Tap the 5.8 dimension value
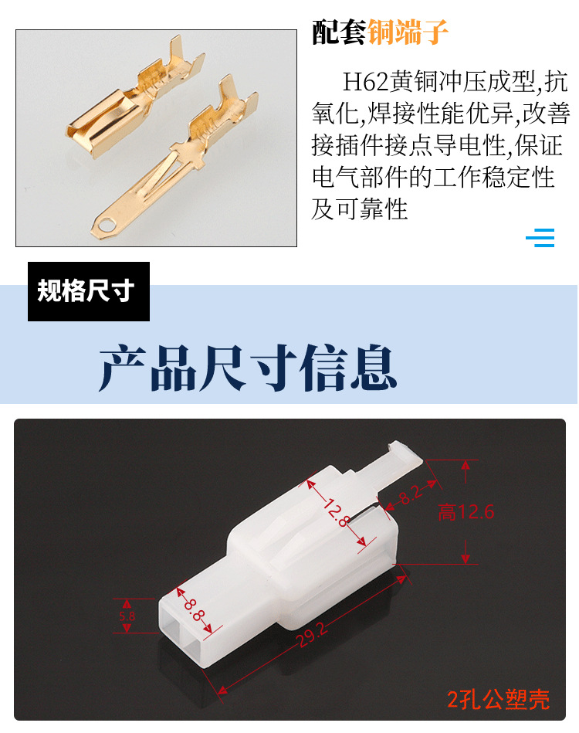[x=127, y=616]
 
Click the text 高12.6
[x=466, y=511]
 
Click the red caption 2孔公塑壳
[x=498, y=700]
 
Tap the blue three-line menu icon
[x=540, y=237]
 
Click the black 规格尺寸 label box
[x=89, y=291]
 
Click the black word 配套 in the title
[x=338, y=32]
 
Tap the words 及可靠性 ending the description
[x=360, y=209]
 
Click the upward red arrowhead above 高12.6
[x=466, y=466]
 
